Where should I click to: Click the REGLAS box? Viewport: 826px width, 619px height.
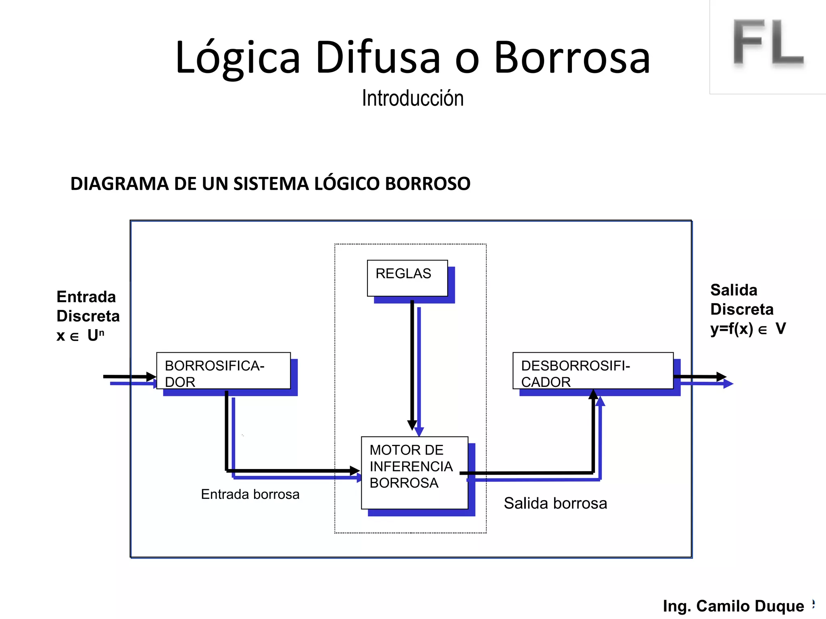tap(407, 278)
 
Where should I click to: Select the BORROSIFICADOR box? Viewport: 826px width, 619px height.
tap(223, 371)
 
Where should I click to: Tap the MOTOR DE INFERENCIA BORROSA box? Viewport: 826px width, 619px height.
tap(414, 472)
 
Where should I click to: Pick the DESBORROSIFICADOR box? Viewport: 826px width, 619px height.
tap(592, 371)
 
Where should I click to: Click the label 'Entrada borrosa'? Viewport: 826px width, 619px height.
tap(250, 494)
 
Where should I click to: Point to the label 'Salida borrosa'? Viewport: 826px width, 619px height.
tap(555, 503)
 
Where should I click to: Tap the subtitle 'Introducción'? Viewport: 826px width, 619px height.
tap(413, 98)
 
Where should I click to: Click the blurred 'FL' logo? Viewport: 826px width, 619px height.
tap(768, 43)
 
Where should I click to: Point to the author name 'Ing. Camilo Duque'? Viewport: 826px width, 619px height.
tap(733, 606)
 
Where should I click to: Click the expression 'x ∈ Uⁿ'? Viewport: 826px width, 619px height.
tap(80, 335)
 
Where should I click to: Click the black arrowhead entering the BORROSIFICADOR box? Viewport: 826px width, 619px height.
tap(151, 377)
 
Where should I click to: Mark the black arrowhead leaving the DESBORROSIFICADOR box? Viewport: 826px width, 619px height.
tap(721, 377)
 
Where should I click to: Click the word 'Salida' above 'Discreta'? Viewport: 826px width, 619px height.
tap(734, 290)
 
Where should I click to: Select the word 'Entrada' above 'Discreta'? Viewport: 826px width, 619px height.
tap(86, 297)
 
